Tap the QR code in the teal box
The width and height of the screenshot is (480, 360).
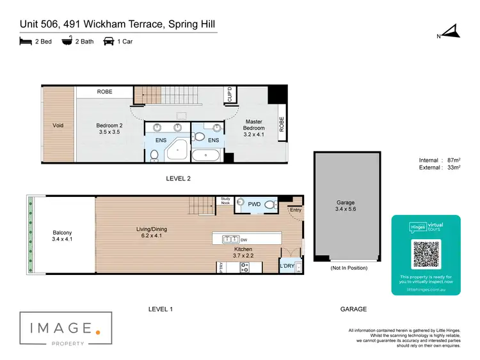pyautogui.click(x=426, y=254)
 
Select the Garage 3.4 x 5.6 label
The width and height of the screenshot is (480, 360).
pyautogui.click(x=345, y=205)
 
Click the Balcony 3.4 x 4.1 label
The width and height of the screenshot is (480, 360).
pyautogui.click(x=62, y=236)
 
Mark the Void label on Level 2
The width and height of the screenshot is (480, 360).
pyautogui.click(x=58, y=125)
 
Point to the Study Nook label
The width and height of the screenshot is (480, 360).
pyautogui.click(x=225, y=201)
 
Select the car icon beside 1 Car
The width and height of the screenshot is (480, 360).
pyautogui.click(x=109, y=42)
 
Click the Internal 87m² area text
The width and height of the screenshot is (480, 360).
pyautogui.click(x=438, y=160)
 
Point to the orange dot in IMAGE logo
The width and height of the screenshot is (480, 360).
pyautogui.click(x=97, y=331)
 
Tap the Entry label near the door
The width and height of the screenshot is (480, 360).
pyautogui.click(x=295, y=209)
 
